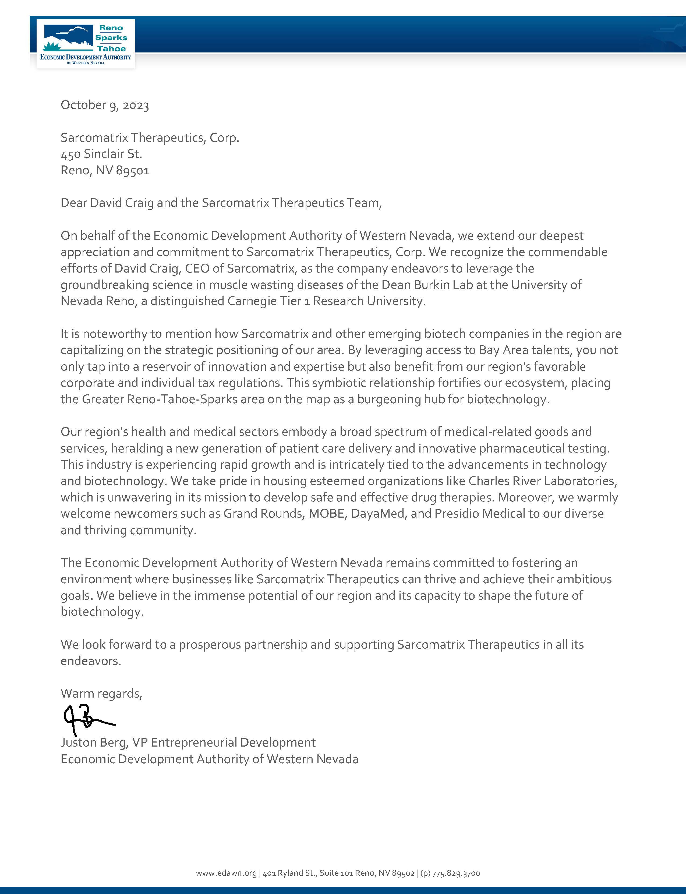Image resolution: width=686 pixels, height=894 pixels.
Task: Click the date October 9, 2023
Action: coord(105,105)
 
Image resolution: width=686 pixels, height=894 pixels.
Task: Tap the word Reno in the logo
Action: coord(111,28)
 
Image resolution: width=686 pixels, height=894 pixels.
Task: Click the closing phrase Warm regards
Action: coord(101,694)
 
